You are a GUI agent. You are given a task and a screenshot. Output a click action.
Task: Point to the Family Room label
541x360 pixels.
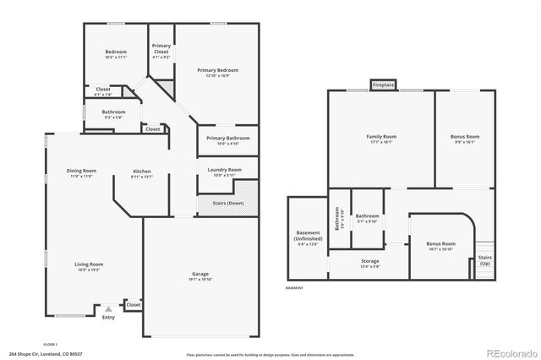(380, 139)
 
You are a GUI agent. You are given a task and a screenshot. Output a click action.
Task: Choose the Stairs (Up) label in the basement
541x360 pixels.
(484, 260)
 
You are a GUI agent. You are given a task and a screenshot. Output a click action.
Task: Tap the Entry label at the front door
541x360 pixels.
(108, 317)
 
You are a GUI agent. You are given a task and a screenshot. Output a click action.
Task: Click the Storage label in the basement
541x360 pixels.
(369, 263)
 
